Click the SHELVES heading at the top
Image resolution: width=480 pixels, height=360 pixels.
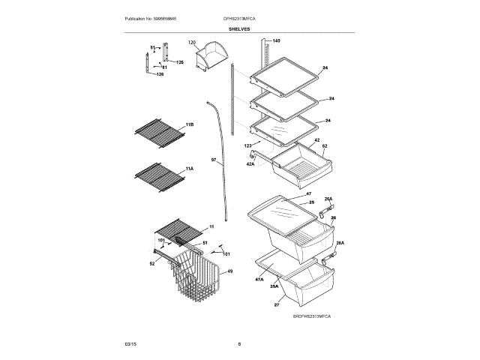coord(240,29)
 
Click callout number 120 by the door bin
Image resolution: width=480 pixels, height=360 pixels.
coord(191,43)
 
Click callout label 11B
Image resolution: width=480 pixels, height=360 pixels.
coord(190,124)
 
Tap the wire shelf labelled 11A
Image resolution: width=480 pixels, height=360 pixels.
coord(160,176)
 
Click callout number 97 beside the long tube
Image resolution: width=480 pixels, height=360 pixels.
coord(213,160)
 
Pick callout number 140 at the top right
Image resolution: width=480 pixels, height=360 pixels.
coord(276,40)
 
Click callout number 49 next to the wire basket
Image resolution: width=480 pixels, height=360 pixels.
coord(229,271)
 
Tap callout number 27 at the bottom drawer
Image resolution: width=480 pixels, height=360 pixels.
coord(276,305)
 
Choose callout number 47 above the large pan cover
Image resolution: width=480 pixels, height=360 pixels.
coord(309,193)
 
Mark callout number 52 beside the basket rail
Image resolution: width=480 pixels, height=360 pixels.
coord(151,263)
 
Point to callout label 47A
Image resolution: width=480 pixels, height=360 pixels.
coord(259,280)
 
